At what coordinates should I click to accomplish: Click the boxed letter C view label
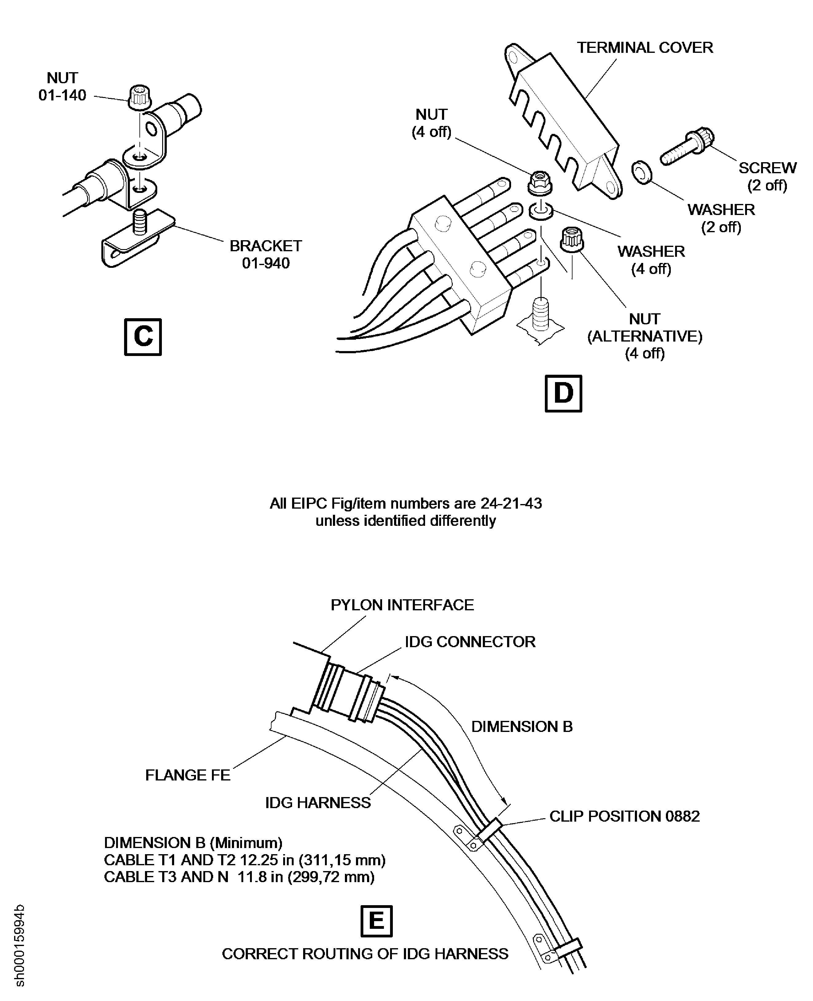[143, 337]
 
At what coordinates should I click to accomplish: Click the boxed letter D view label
[563, 393]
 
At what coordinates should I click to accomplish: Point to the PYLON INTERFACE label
[402, 605]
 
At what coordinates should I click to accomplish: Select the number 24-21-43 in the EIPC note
[511, 503]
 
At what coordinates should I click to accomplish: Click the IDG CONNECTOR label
[470, 642]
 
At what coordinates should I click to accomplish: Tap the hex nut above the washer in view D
[540, 183]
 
